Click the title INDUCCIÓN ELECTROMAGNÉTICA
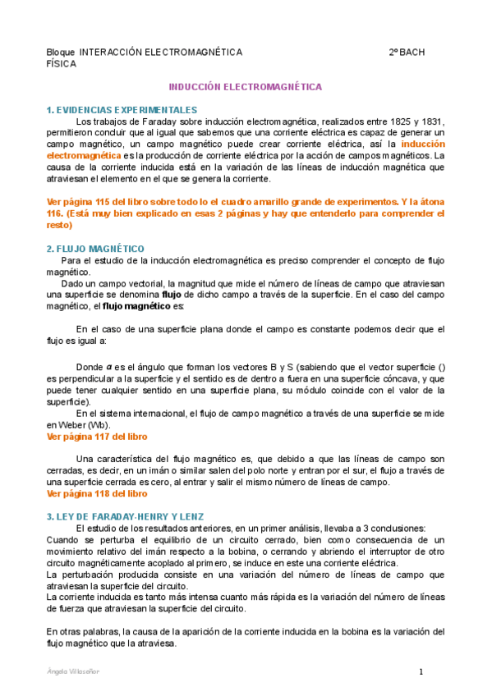click(245, 86)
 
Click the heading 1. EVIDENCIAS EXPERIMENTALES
click(122, 109)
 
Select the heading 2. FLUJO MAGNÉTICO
click(95, 248)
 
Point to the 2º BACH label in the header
click(407, 52)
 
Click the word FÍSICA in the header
click(62, 63)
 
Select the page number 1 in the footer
click(421, 672)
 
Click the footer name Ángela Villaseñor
click(74, 671)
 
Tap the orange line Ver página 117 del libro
click(98, 437)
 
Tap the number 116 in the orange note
click(56, 212)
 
